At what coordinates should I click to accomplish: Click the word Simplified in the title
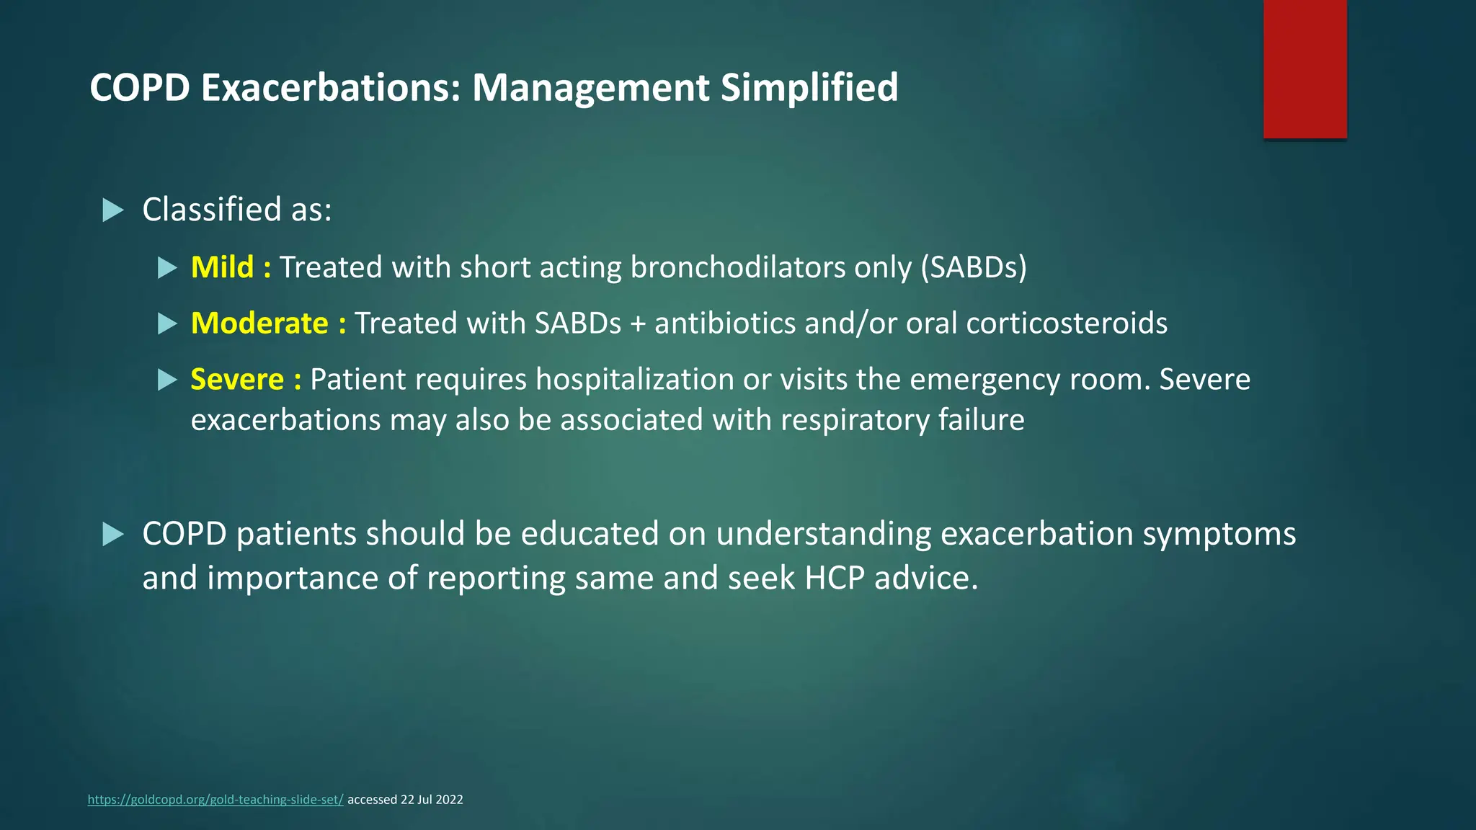click(809, 88)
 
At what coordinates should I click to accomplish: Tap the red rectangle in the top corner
click(1304, 69)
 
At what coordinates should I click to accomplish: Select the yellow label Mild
click(222, 267)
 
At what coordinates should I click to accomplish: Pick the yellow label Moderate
click(259, 323)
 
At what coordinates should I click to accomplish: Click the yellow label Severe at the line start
click(237, 380)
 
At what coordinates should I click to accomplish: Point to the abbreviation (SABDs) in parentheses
click(973, 267)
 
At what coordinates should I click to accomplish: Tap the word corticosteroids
click(1067, 323)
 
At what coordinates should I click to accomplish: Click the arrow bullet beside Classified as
click(113, 210)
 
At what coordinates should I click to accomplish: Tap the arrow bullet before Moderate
click(167, 323)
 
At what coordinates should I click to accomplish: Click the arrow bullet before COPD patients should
click(113, 535)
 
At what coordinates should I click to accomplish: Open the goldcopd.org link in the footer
click(215, 800)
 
